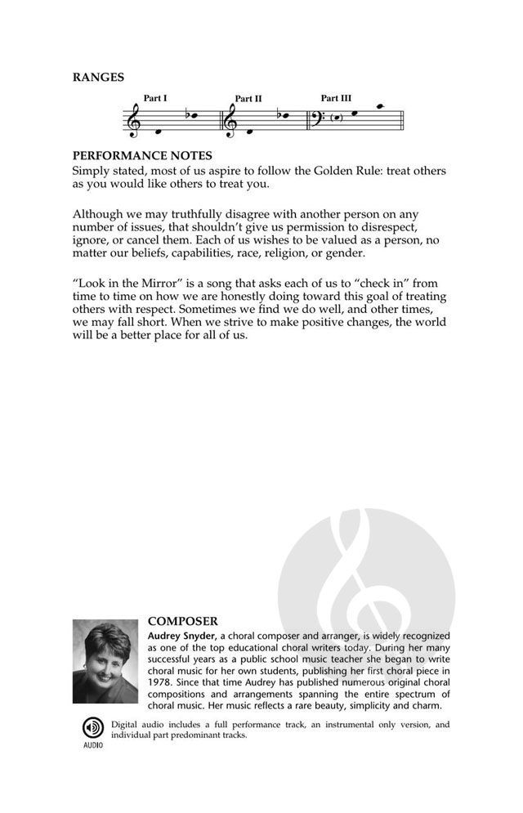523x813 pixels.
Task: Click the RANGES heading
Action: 98,78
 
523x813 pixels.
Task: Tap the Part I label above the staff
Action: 155,98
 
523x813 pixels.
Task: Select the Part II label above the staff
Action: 248,99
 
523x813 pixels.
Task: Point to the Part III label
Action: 336,98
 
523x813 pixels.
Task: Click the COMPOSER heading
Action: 183,621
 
